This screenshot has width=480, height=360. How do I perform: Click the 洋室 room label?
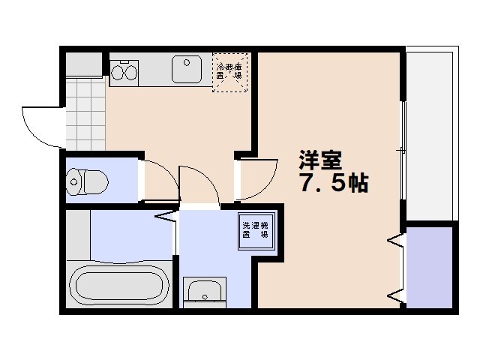320,160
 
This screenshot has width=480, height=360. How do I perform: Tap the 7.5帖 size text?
334,184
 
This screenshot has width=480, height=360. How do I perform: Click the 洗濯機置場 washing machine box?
256,229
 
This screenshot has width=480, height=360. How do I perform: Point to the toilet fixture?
87,180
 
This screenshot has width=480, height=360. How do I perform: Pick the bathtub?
118,286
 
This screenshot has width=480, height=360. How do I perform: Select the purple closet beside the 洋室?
429,267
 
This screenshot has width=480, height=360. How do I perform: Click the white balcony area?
429,135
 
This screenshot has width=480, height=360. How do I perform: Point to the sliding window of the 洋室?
403,150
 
